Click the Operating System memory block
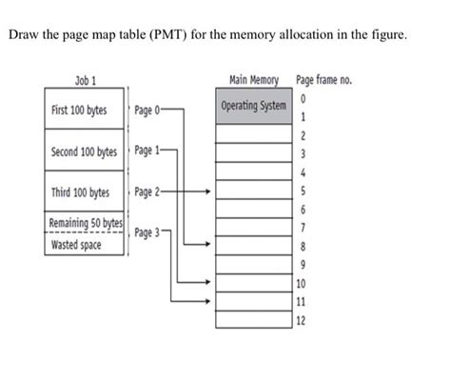point(253,105)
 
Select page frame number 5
point(302,191)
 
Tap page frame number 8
point(302,247)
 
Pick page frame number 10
point(302,283)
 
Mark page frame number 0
point(302,99)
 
